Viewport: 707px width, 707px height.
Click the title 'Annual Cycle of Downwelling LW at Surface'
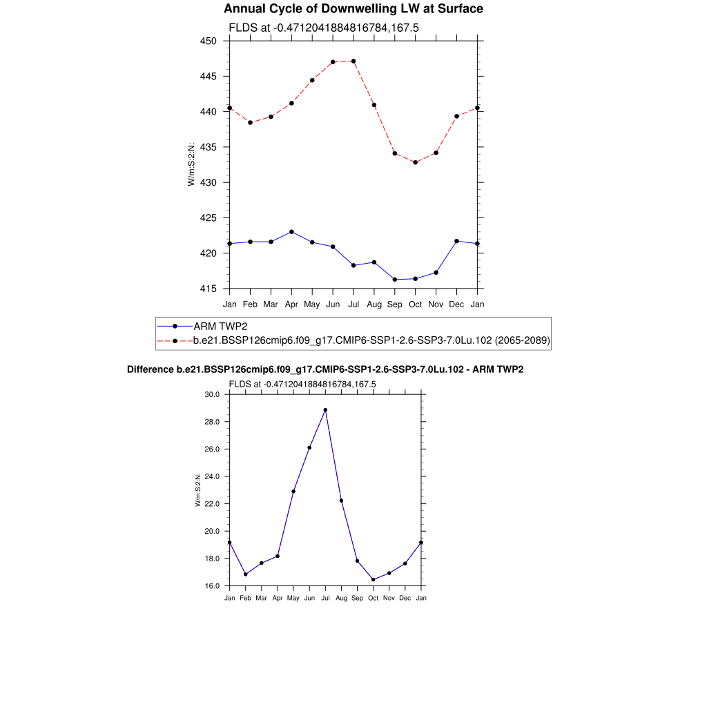point(353,9)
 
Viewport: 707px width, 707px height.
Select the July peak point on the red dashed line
point(353,61)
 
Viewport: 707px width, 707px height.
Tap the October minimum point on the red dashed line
point(416,162)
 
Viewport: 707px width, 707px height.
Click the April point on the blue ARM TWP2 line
point(291,232)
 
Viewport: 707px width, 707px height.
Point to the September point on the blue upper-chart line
point(395,280)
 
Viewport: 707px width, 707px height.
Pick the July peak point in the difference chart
point(325,410)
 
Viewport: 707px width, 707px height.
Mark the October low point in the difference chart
point(373,580)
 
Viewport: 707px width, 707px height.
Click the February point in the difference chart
point(245,574)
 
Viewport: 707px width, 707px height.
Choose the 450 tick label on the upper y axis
point(209,41)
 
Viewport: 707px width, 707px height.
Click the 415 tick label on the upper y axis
point(209,289)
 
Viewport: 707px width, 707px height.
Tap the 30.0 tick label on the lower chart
point(211,394)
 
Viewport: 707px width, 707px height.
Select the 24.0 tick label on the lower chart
point(211,476)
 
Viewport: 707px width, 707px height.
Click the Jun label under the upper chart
point(333,304)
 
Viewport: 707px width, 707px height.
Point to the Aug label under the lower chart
point(341,598)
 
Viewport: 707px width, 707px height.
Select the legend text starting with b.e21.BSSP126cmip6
point(371,340)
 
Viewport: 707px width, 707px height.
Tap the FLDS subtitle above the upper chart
point(324,28)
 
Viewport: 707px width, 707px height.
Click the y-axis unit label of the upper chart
point(191,164)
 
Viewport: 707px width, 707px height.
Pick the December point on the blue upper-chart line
point(456,241)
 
